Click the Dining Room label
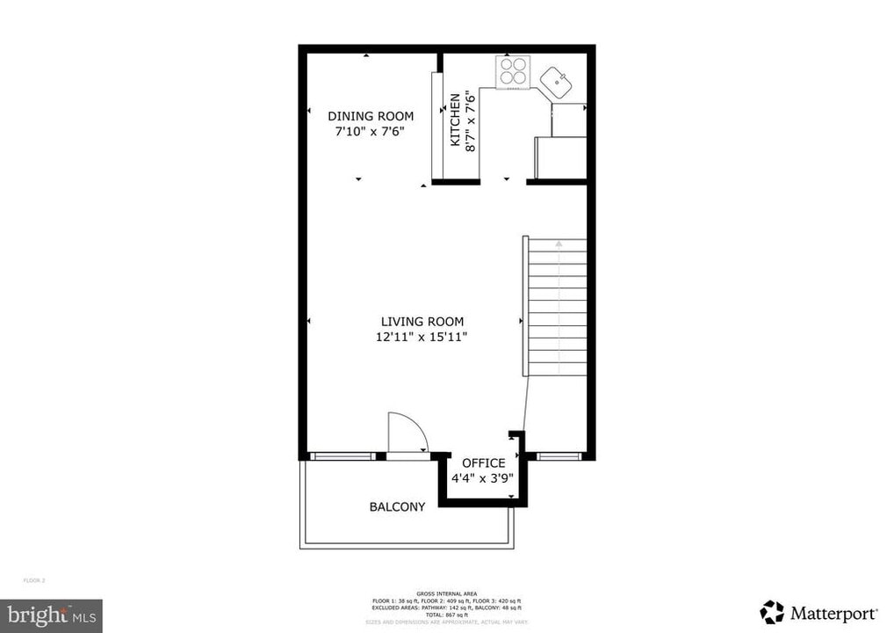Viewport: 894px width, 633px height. coord(371,116)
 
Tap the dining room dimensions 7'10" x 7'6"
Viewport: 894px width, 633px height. coord(371,132)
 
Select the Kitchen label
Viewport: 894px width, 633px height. coord(455,120)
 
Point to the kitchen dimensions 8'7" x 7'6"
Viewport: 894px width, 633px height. coord(471,120)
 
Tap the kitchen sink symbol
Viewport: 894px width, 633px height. coord(556,84)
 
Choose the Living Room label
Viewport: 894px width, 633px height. coord(422,322)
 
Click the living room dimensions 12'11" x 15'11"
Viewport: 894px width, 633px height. coord(422,338)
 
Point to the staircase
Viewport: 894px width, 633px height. coord(556,308)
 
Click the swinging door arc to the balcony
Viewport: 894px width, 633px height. coord(407,433)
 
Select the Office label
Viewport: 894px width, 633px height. coord(483,463)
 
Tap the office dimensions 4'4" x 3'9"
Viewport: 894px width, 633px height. coord(482,479)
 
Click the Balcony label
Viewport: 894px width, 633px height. coord(397,507)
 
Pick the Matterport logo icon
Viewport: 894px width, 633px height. coord(772,612)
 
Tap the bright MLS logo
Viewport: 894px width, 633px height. coord(51,615)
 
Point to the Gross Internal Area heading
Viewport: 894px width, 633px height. coord(446,594)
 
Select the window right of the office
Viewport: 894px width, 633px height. coord(559,456)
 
